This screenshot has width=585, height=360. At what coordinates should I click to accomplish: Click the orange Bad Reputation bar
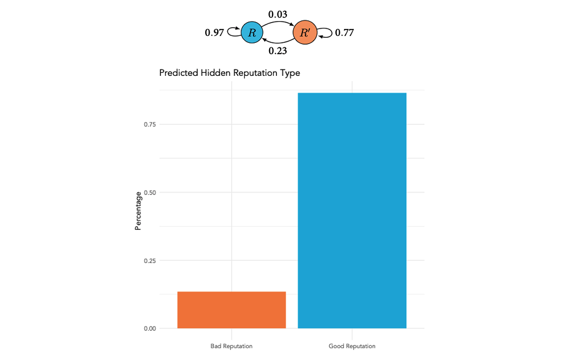tap(231, 310)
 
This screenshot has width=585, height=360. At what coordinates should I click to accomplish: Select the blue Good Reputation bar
tap(352, 211)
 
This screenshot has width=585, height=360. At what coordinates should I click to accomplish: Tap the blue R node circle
tap(252, 33)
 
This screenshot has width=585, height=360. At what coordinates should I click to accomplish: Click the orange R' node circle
tap(305, 33)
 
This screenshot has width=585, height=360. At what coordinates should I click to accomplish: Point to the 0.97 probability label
tap(214, 33)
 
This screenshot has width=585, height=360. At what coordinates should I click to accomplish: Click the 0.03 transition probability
tap(278, 15)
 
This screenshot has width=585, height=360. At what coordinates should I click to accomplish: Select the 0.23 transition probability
tap(278, 51)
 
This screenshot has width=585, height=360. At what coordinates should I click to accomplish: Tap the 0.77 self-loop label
tap(344, 33)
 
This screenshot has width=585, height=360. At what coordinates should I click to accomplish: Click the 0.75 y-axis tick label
tap(150, 125)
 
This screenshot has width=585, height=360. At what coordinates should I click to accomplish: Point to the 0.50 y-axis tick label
tap(150, 193)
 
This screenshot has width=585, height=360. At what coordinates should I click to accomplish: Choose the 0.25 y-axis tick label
tap(150, 261)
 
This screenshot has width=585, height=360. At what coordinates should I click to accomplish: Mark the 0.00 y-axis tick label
tap(150, 329)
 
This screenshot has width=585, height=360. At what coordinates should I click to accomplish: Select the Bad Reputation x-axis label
tap(231, 346)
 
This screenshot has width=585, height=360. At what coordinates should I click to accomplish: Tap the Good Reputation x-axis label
tap(352, 346)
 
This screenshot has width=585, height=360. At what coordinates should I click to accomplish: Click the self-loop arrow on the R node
tap(234, 33)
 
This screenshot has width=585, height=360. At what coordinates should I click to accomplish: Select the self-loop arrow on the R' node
tap(325, 33)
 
